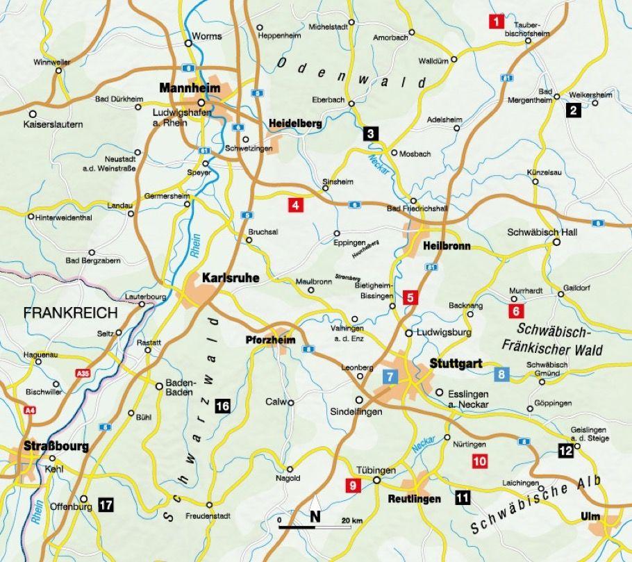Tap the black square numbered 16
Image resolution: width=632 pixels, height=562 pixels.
(x=223, y=407)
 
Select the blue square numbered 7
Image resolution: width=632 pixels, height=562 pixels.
(x=390, y=377)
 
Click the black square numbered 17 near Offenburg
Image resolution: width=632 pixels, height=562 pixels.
(x=106, y=505)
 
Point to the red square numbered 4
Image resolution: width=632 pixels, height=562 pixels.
(x=295, y=205)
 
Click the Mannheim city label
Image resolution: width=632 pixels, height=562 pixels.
(x=189, y=88)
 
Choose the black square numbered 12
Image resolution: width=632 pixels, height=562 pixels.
(x=565, y=452)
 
